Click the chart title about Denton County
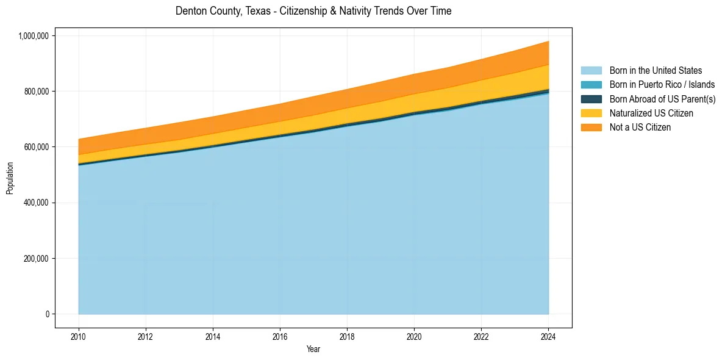313,11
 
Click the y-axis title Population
10,178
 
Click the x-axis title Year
313,350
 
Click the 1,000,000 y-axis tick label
33,36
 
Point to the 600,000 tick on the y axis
36,147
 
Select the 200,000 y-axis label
36,259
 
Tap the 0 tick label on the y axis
47,314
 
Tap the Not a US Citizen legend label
640,128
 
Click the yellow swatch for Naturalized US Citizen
591,113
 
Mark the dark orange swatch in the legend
591,128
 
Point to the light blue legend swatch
591,71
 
